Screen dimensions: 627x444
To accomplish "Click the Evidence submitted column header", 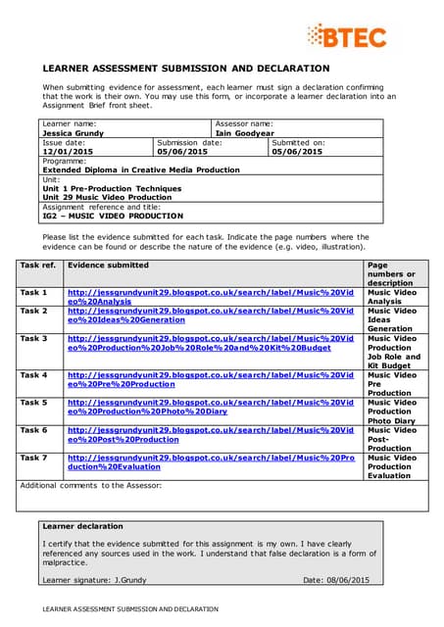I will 108,265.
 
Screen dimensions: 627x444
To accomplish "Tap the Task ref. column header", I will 40,265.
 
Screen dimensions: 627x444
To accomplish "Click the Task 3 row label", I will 33,338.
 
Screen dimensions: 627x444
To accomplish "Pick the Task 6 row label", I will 33,429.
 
